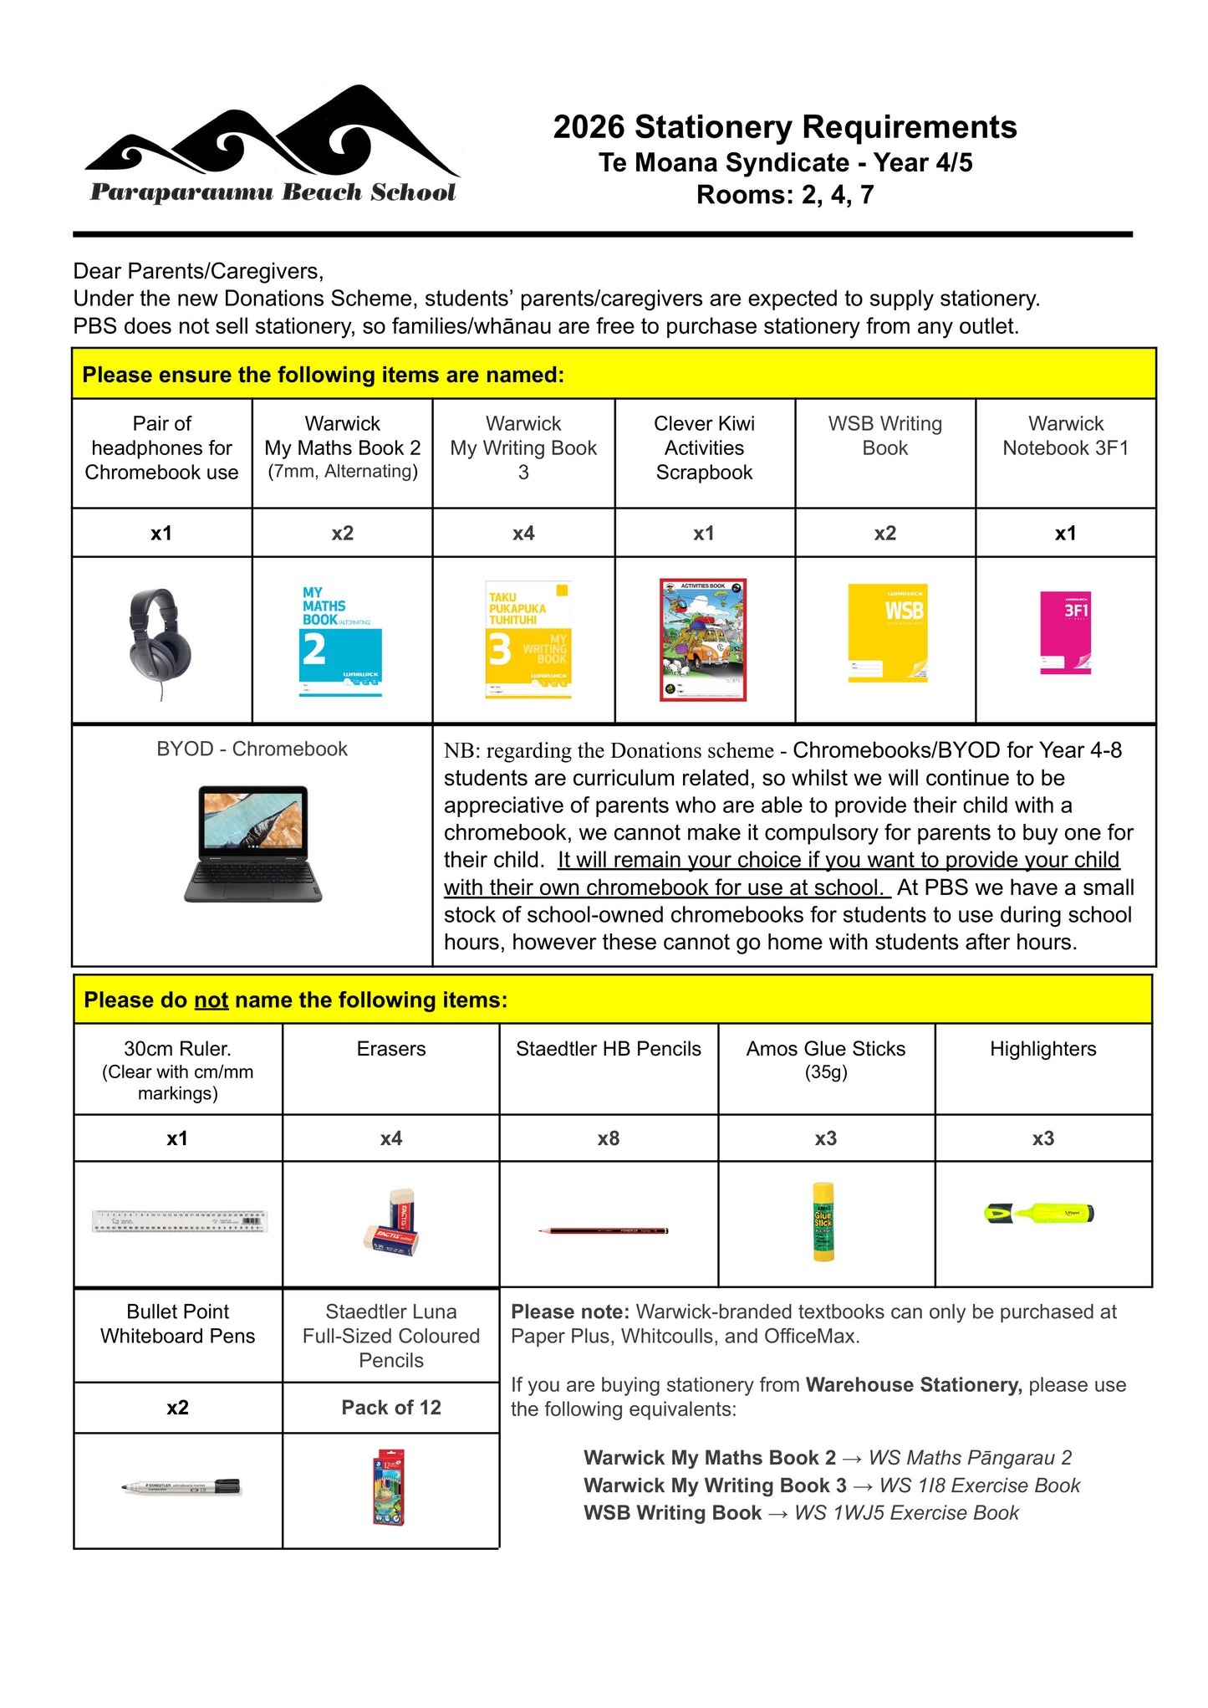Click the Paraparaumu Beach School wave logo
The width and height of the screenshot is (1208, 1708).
point(272,144)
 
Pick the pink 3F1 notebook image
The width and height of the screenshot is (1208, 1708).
point(1065,632)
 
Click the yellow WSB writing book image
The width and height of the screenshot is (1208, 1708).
point(887,632)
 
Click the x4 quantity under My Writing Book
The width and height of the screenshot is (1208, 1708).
point(523,534)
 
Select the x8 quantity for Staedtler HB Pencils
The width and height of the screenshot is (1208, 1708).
point(609,1138)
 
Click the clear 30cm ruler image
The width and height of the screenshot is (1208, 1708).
point(179,1221)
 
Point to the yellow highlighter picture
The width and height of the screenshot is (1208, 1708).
point(1039,1213)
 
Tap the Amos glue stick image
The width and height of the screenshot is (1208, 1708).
point(823,1221)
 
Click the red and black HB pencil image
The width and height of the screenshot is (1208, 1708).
point(604,1230)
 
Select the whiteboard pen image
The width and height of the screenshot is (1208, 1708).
point(181,1487)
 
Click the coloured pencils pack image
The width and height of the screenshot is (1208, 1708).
point(389,1487)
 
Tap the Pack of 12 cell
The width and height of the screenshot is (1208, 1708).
point(390,1408)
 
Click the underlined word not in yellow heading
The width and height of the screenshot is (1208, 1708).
point(211,1000)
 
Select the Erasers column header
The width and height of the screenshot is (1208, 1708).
point(390,1049)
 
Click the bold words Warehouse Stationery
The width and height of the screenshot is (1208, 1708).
point(914,1385)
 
